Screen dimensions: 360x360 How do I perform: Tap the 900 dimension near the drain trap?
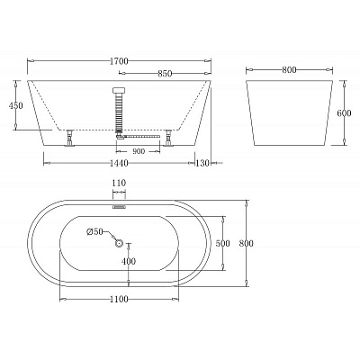pos(139,151)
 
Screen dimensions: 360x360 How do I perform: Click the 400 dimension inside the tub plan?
pos(130,261)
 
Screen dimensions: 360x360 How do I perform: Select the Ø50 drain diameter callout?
pos(95,232)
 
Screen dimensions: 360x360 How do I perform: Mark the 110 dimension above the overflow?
pos(119,183)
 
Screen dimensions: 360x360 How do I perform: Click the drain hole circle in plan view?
pos(120,242)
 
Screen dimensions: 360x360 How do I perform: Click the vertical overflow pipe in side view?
pos(119,112)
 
